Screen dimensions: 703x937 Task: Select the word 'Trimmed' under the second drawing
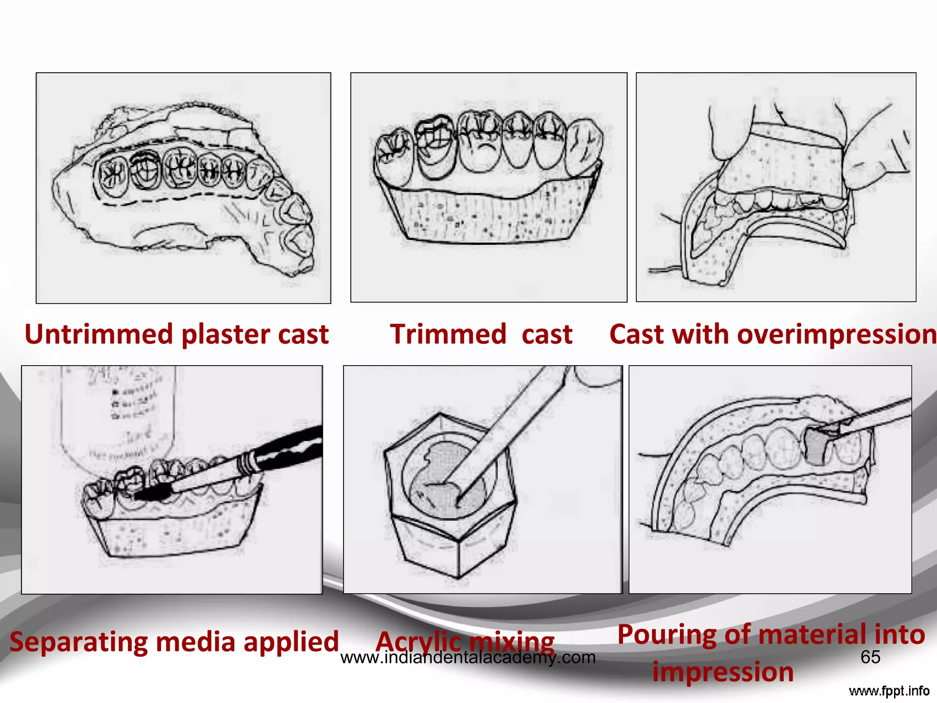pos(448,335)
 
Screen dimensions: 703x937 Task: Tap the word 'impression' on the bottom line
pos(723,672)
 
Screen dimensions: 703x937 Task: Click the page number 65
pos(870,657)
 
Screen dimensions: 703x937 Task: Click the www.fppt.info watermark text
pos(889,691)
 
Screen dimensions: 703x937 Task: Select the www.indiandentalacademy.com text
pos(468,658)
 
